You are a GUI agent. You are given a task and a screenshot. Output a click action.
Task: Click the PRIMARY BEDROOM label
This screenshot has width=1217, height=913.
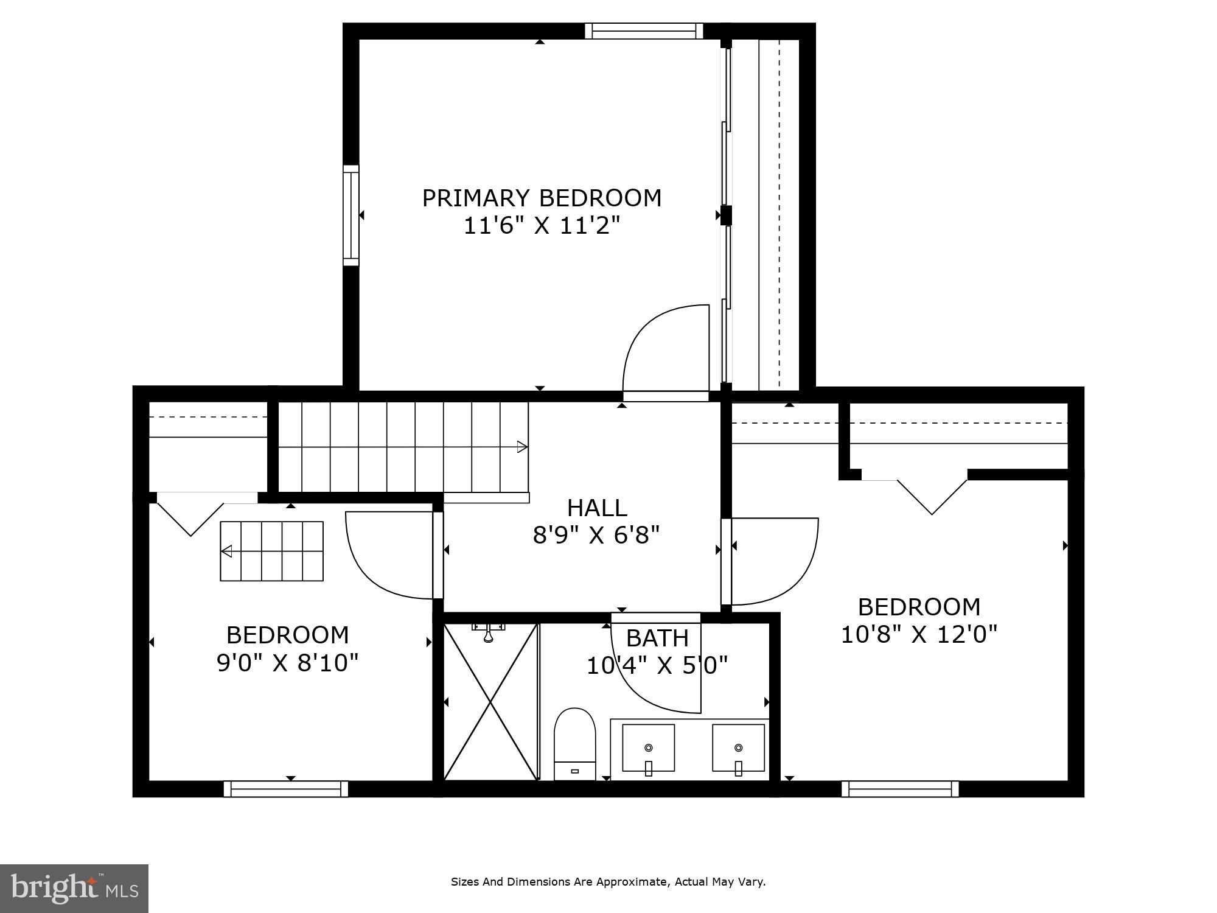pyautogui.click(x=542, y=198)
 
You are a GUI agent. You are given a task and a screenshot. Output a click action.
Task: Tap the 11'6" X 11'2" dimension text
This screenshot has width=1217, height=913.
pyautogui.click(x=542, y=226)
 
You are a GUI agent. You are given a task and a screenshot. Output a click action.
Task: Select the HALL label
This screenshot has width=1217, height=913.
pyautogui.click(x=596, y=508)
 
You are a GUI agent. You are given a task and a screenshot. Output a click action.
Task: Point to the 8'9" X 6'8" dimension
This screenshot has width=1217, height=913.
pyautogui.click(x=596, y=536)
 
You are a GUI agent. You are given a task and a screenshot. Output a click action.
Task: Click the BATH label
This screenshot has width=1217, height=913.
pyautogui.click(x=657, y=638)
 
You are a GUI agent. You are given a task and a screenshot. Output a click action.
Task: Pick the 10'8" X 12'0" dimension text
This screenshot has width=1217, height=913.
pyautogui.click(x=919, y=635)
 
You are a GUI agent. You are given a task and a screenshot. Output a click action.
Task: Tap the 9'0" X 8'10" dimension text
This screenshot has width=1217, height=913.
pyautogui.click(x=287, y=663)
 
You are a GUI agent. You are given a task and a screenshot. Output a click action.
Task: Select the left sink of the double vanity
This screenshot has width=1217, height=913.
pyautogui.click(x=648, y=747)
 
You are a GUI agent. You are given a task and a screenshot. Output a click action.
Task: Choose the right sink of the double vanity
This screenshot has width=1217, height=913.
pyautogui.click(x=738, y=747)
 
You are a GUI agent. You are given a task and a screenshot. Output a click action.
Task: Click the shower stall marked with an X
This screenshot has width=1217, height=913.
pyautogui.click(x=490, y=702)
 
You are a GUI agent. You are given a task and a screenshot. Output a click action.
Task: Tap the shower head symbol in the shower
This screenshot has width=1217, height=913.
pyautogui.click(x=488, y=633)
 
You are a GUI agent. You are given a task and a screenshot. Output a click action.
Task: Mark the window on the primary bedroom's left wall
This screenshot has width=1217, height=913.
pyautogui.click(x=351, y=215)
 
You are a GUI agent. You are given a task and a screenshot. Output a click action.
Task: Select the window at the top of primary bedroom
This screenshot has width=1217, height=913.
pyautogui.click(x=644, y=31)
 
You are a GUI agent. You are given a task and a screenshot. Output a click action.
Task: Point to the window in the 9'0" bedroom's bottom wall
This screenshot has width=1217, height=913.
pyautogui.click(x=286, y=789)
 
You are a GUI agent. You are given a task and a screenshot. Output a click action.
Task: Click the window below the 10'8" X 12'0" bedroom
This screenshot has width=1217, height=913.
pyautogui.click(x=900, y=789)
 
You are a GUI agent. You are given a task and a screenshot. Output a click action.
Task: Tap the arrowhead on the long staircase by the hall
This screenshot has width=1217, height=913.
pyautogui.click(x=522, y=447)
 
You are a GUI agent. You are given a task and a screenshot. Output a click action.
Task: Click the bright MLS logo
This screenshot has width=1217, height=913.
pyautogui.click(x=74, y=889)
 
